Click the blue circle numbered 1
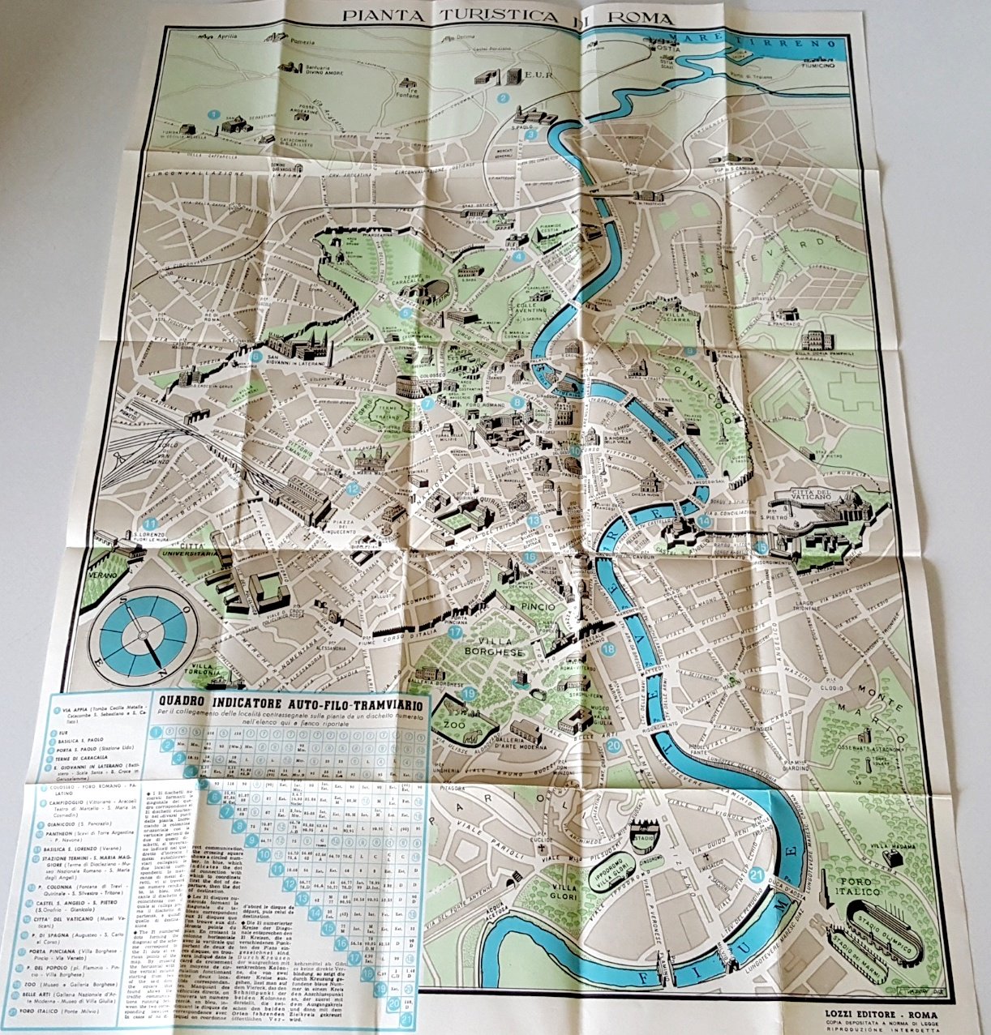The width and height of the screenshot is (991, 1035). tap(212, 114)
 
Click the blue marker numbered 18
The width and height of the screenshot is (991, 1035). tap(609, 648)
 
